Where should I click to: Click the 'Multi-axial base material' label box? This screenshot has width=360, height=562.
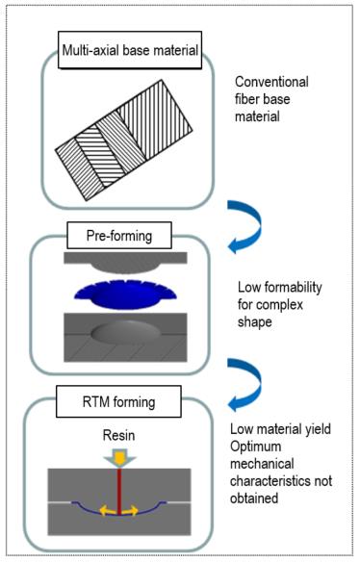pyautogui.click(x=130, y=50)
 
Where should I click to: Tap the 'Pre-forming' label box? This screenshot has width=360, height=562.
pyautogui.click(x=119, y=236)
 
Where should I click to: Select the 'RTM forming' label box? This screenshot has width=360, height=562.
pyautogui.click(x=118, y=401)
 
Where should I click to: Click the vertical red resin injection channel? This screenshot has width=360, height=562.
pyautogui.click(x=118, y=492)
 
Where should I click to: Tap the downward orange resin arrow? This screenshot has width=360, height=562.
pyautogui.click(x=119, y=458)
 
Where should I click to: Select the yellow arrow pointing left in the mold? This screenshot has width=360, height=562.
pyautogui.click(x=107, y=510)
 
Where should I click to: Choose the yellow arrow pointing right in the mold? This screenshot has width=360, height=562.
pyautogui.click(x=130, y=510)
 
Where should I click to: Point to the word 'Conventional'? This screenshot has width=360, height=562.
pyautogui.click(x=271, y=82)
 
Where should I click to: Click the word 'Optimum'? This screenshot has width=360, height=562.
pyautogui.click(x=256, y=447)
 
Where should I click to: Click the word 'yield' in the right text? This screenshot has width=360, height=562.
pyautogui.click(x=318, y=429)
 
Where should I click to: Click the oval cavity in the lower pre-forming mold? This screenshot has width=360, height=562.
pyautogui.click(x=125, y=331)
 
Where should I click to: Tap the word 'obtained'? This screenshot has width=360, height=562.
pyautogui.click(x=254, y=498)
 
